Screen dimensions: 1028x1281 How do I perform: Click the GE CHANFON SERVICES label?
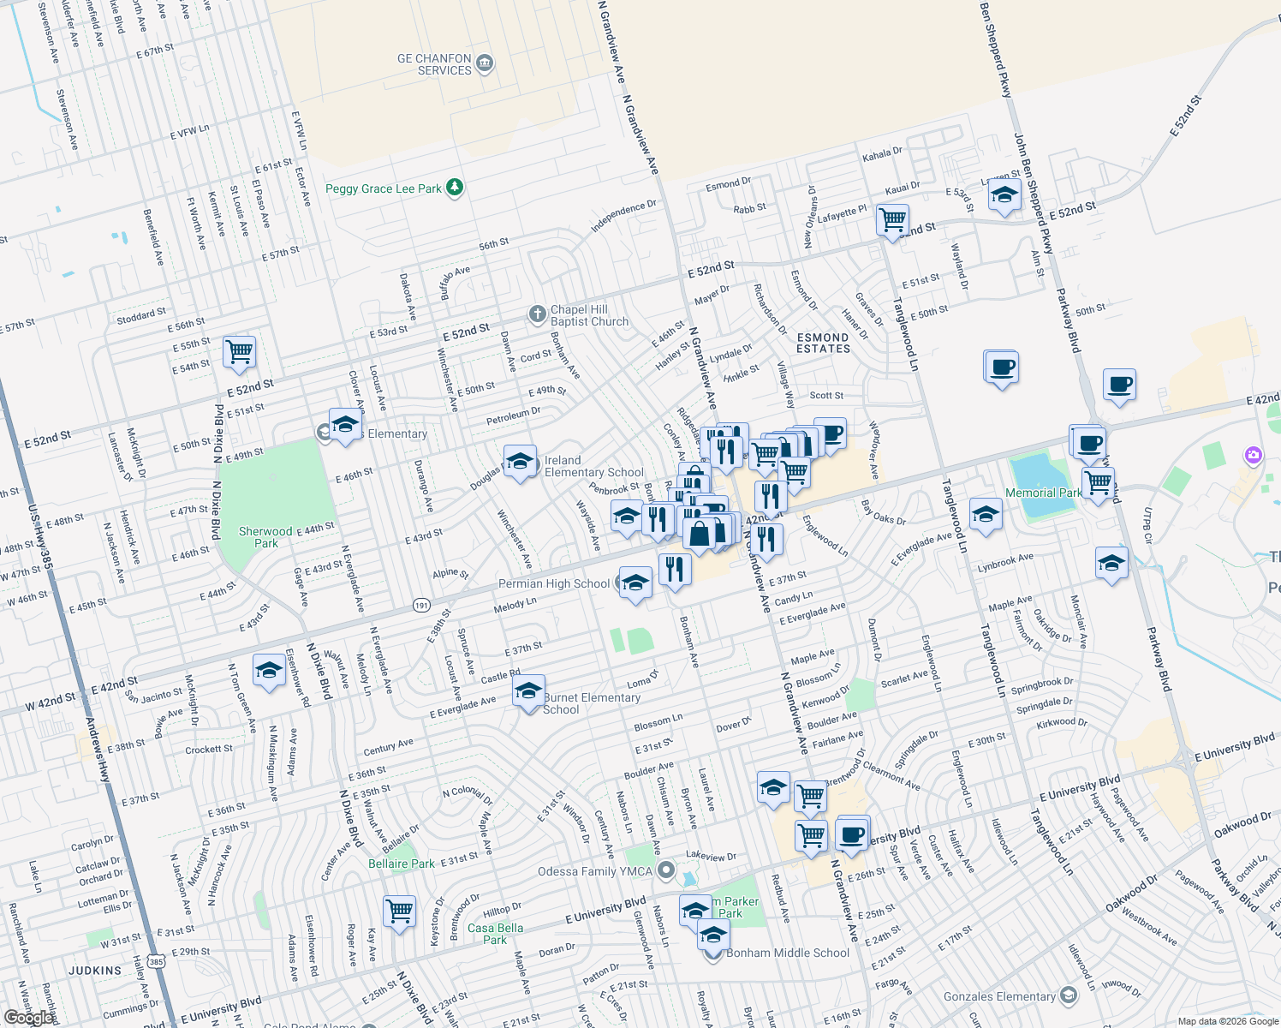click(x=435, y=64)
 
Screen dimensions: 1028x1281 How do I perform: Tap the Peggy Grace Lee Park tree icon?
click(x=456, y=188)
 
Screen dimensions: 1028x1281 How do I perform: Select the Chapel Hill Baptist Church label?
click(x=589, y=315)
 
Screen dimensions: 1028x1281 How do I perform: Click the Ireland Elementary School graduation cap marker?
click(x=520, y=463)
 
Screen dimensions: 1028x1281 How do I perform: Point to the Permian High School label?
click(x=554, y=583)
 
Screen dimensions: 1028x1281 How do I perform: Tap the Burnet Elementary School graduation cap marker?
click(x=528, y=691)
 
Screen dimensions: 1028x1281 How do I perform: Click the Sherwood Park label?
click(x=265, y=537)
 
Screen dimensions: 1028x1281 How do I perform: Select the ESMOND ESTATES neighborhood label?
click(x=823, y=343)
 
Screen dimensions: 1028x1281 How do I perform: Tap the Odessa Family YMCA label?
click(x=595, y=871)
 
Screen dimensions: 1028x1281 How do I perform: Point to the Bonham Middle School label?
click(x=788, y=953)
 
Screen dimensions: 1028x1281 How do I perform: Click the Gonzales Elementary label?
click(x=999, y=996)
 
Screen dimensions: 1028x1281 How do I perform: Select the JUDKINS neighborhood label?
click(x=95, y=971)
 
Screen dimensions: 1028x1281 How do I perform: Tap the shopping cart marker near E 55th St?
click(x=239, y=350)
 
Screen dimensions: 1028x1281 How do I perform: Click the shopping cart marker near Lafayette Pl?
click(x=892, y=219)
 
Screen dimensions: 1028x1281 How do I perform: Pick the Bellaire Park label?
click(x=402, y=864)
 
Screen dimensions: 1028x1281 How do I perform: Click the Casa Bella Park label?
click(x=495, y=934)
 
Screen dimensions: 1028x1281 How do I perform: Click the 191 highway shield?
click(x=421, y=605)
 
